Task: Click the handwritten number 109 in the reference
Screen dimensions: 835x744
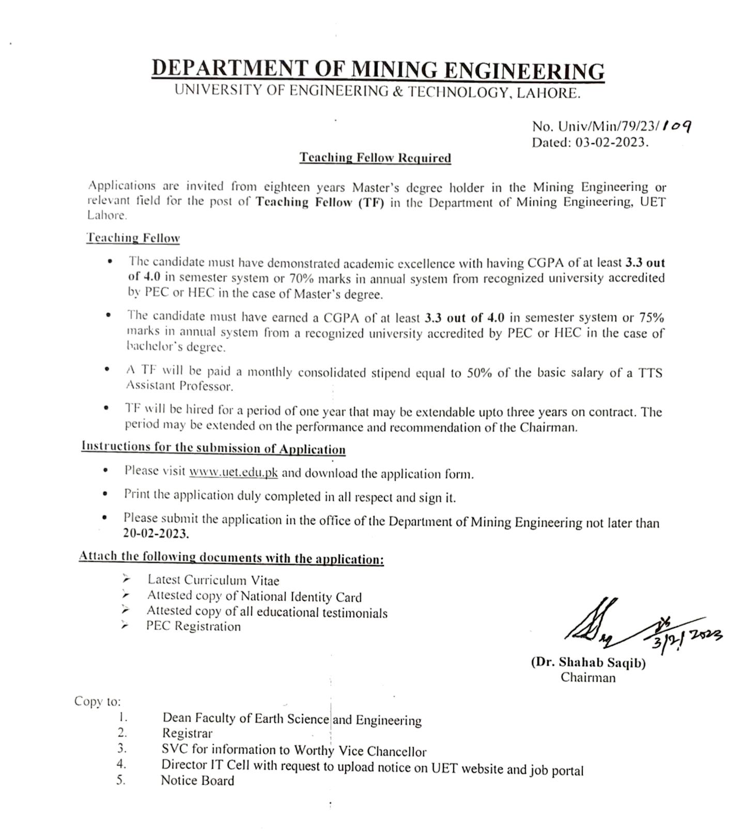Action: [x=677, y=126]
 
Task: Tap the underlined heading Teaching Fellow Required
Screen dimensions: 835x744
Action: [x=375, y=158]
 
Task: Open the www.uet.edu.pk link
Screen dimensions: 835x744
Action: [x=234, y=472]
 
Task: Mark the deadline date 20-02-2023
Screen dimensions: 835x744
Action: [x=156, y=534]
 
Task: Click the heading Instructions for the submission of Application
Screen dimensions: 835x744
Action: [x=213, y=447]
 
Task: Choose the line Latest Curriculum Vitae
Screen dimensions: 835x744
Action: [x=213, y=580]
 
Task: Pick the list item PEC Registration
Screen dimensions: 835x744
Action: [x=193, y=626]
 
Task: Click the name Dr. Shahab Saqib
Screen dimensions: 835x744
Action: [x=588, y=663]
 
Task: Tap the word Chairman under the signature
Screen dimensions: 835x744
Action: [x=588, y=677]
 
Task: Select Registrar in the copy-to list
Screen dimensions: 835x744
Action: [x=187, y=733]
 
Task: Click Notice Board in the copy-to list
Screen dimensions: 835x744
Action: [x=197, y=780]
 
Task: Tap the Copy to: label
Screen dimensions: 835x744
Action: [x=98, y=701]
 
